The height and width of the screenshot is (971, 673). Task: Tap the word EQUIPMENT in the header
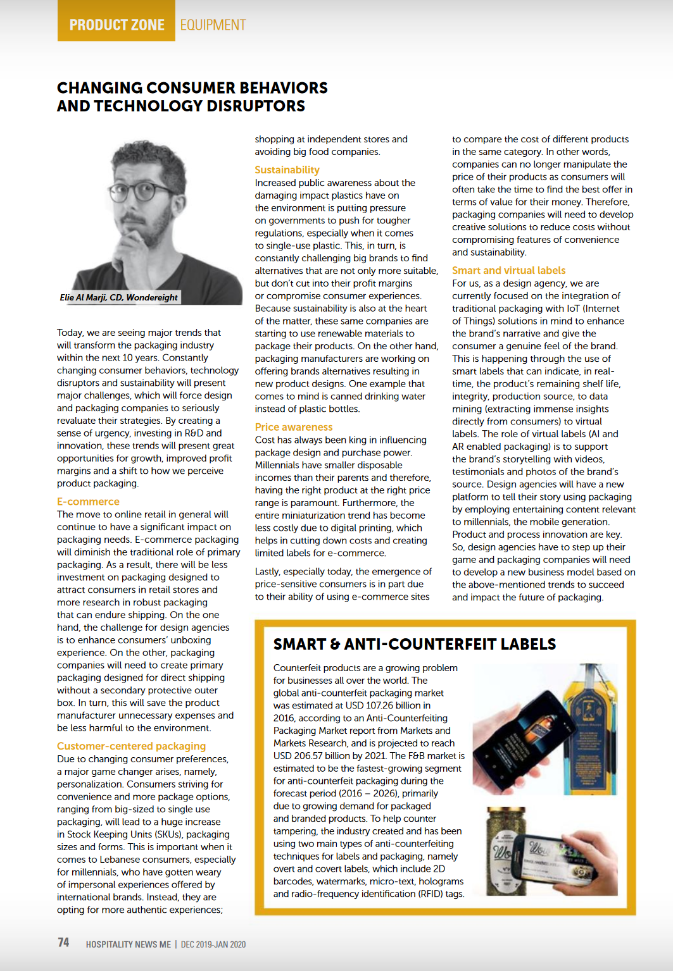pos(213,25)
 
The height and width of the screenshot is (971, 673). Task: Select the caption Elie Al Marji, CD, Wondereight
pos(119,297)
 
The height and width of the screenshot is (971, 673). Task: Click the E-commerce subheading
pos(88,502)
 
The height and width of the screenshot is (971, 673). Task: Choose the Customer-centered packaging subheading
pos(131,746)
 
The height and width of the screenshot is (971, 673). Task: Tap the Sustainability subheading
pos(287,170)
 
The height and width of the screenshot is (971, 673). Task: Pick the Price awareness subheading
pos(293,427)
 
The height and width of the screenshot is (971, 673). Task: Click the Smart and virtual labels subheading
pos(508,270)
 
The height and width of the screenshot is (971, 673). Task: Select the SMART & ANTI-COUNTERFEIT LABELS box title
pos(414,645)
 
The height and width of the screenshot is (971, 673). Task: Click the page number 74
pos(63,943)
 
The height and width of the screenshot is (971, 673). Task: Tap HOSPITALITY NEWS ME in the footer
pos(129,944)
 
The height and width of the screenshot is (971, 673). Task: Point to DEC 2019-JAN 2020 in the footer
pos(213,944)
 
